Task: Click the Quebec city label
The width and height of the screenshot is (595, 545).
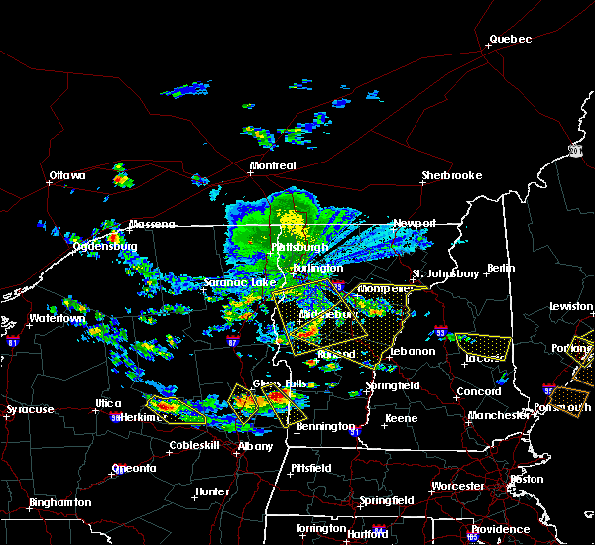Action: click(x=510, y=40)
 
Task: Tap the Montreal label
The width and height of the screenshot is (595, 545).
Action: click(x=273, y=165)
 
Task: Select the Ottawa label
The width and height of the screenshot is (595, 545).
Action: click(x=67, y=176)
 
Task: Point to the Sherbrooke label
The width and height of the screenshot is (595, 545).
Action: click(x=451, y=175)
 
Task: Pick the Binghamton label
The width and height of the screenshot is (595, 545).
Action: click(x=59, y=502)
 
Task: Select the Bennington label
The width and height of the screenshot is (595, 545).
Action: click(x=326, y=426)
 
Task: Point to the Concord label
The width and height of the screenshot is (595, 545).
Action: click(x=477, y=391)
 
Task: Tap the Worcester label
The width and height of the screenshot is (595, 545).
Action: click(x=457, y=486)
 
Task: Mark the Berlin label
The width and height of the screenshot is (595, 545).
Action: click(x=502, y=268)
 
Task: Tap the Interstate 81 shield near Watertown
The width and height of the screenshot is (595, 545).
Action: click(x=12, y=340)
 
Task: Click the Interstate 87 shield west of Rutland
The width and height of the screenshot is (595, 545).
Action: click(x=232, y=340)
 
